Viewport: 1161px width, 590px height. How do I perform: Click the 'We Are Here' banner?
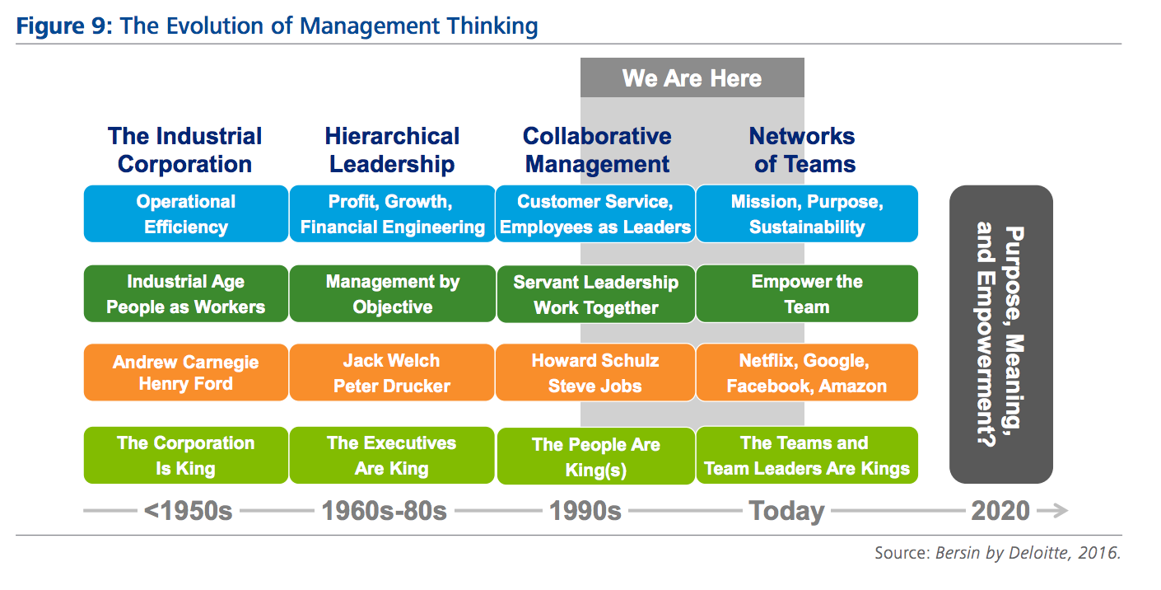[692, 77]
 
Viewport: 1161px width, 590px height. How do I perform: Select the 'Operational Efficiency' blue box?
[185, 213]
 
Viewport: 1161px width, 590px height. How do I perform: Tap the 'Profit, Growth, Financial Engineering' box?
[392, 213]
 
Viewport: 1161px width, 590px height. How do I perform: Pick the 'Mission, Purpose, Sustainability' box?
[807, 213]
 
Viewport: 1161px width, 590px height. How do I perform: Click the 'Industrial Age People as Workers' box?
[185, 293]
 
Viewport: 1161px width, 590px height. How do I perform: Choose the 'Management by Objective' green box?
[393, 293]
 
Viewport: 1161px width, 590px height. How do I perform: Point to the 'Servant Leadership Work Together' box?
[596, 294]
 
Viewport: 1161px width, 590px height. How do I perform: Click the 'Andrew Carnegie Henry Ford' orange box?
[185, 372]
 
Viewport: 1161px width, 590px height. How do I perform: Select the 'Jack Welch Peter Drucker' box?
[392, 372]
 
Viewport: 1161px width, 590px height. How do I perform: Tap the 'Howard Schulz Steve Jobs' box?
[595, 372]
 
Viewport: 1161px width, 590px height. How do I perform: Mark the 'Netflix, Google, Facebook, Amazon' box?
[807, 372]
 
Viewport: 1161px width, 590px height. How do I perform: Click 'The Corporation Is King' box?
[185, 455]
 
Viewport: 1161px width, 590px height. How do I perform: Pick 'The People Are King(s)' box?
[596, 457]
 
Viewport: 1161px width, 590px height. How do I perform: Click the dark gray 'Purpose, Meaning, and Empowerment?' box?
[1000, 335]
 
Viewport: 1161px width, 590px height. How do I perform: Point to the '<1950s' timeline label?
[188, 511]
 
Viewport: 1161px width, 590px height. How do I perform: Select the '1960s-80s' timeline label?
[384, 511]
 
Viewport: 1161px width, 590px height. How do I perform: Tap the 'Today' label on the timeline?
[786, 511]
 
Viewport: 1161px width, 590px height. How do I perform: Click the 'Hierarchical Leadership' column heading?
[392, 150]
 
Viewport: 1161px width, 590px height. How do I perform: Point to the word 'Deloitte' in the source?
[1039, 553]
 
